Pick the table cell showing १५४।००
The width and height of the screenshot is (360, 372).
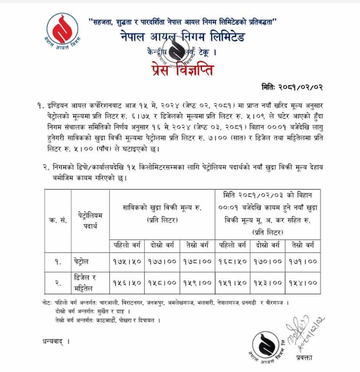[x=303, y=283]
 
